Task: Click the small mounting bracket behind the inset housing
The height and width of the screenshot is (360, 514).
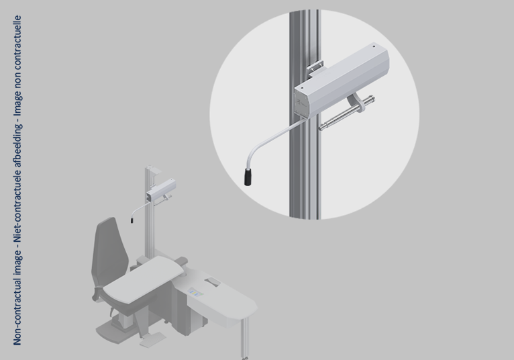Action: (315, 66)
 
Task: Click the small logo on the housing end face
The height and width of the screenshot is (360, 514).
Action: (299, 103)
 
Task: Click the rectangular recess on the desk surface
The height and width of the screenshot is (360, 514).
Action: (214, 281)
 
